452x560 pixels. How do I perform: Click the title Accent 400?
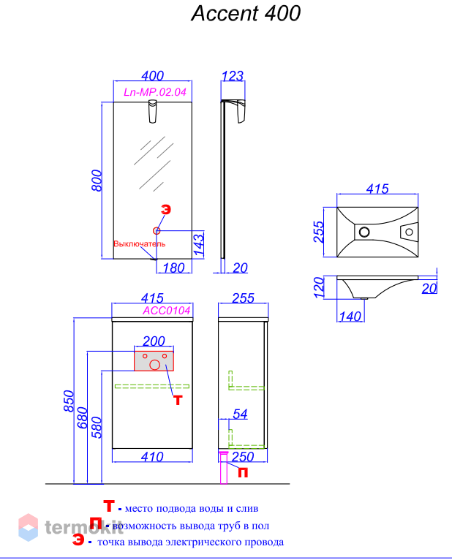(x=246, y=14)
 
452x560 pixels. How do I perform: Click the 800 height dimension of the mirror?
(x=97, y=181)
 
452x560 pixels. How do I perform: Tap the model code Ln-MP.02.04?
(x=155, y=92)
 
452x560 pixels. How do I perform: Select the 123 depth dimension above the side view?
(x=233, y=76)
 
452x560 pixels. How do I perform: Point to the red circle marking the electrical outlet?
(x=157, y=231)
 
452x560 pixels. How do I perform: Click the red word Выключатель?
(x=140, y=244)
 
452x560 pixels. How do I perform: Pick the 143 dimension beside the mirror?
(x=199, y=243)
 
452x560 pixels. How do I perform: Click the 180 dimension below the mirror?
(x=173, y=268)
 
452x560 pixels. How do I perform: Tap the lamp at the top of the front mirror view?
(x=153, y=111)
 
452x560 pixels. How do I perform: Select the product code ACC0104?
(x=167, y=311)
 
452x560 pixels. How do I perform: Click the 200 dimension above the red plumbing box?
(x=154, y=341)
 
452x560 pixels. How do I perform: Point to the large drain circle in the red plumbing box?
(x=155, y=365)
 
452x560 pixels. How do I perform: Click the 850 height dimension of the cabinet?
(x=69, y=401)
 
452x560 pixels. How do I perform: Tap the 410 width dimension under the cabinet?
(x=152, y=457)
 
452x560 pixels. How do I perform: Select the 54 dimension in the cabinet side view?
(x=240, y=414)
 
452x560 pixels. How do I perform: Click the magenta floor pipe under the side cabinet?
(x=224, y=467)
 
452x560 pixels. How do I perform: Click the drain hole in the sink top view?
(x=364, y=232)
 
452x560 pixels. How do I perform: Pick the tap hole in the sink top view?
(x=409, y=232)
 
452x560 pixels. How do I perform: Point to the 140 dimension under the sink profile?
(x=350, y=317)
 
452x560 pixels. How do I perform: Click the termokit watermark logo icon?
(x=29, y=527)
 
